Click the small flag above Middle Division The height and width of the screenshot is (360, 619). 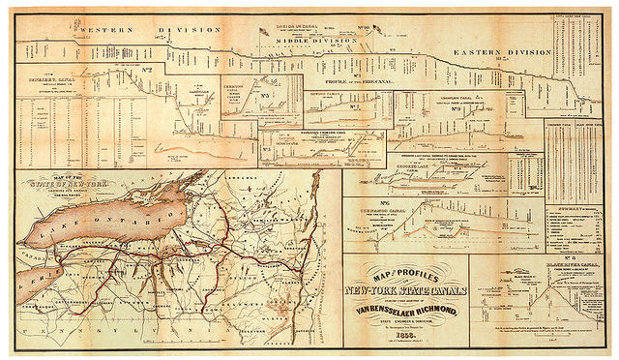tap(263, 31)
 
